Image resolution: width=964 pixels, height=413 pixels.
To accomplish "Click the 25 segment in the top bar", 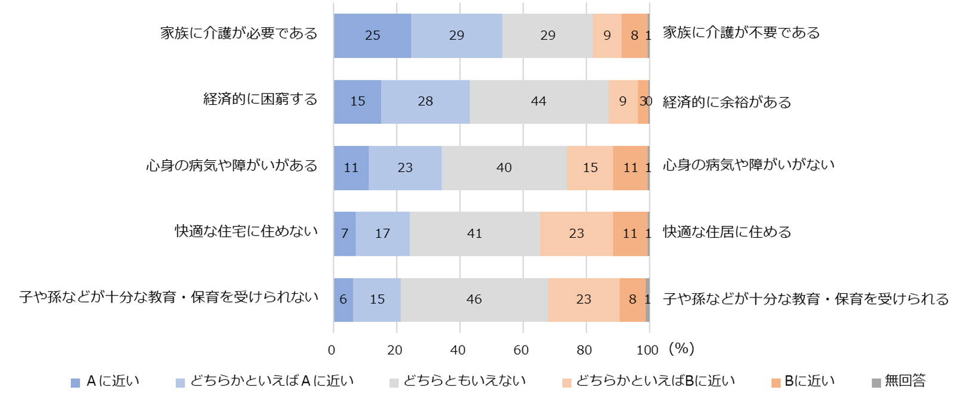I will [x=372, y=36].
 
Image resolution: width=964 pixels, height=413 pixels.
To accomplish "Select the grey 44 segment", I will [x=538, y=101].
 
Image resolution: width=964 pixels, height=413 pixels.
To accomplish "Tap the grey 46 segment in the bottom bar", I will [x=474, y=299].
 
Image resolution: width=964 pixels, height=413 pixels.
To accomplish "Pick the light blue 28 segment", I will [x=425, y=101].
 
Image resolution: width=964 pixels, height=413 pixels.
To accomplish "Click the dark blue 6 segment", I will [x=343, y=299].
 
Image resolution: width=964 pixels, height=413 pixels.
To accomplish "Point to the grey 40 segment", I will [x=504, y=167].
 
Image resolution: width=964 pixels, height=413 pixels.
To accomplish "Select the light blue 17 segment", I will [x=382, y=234].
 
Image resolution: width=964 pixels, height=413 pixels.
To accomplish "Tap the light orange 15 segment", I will [x=590, y=167].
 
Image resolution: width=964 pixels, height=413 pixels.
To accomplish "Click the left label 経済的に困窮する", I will [x=261, y=99].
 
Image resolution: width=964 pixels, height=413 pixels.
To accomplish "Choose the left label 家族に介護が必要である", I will [x=239, y=33].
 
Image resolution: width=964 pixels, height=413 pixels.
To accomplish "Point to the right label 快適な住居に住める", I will [x=727, y=231].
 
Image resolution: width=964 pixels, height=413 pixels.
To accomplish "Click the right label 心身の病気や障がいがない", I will [x=748, y=164].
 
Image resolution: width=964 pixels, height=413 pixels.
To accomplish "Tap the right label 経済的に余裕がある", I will [x=727, y=102].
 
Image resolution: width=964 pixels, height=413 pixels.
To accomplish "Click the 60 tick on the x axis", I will [x=521, y=350].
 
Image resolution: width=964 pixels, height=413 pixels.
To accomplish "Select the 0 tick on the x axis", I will [x=332, y=350].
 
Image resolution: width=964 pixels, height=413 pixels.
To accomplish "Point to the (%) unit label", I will [x=681, y=349].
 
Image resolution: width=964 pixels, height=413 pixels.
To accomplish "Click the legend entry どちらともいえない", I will [x=464, y=381].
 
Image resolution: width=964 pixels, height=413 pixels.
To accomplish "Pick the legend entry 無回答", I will [x=904, y=381].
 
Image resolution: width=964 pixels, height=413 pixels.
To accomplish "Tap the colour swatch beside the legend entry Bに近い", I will [x=776, y=383].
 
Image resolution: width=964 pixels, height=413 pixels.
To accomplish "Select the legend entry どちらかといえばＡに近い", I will [x=272, y=381].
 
